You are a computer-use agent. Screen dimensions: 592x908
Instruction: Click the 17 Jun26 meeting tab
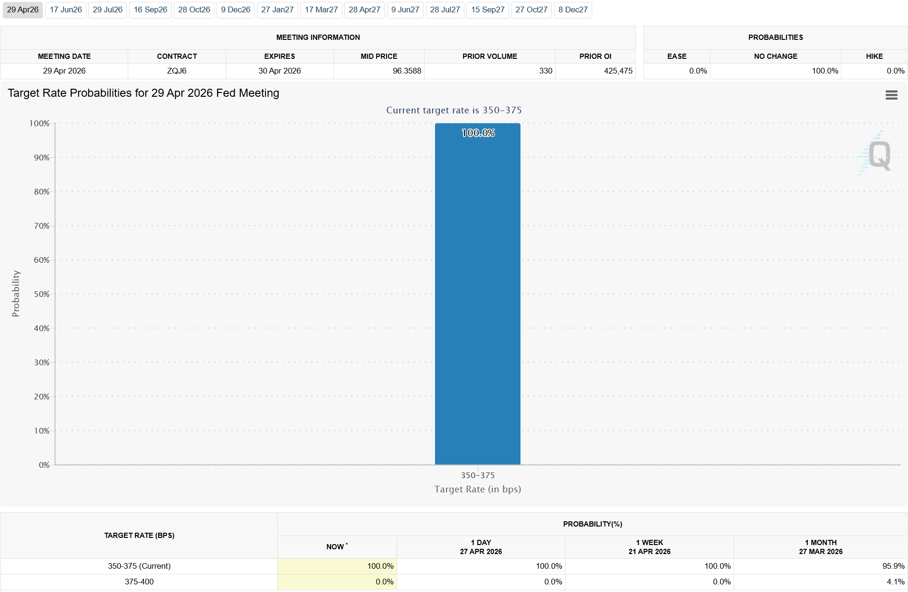[x=66, y=10]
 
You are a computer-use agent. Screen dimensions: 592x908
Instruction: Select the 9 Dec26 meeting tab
[x=236, y=10]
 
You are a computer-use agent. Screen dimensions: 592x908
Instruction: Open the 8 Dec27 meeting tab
[x=573, y=10]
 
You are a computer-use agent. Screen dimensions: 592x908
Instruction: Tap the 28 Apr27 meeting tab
[x=364, y=10]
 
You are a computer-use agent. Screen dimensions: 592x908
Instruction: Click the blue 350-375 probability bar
[x=477, y=294]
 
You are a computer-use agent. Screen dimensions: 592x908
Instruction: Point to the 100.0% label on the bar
[x=478, y=133]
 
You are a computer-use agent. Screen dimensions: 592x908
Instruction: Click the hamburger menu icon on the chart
[x=891, y=95]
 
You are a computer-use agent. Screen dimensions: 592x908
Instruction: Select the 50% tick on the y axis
[x=42, y=294]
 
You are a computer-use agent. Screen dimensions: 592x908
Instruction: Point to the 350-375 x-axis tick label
[x=477, y=475]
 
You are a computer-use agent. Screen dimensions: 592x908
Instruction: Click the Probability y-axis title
[x=16, y=294]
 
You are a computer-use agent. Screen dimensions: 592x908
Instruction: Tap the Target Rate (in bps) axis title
[x=477, y=490]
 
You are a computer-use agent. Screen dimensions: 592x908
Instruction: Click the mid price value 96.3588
[x=407, y=71]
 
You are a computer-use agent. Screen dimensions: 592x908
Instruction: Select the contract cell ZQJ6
[x=177, y=71]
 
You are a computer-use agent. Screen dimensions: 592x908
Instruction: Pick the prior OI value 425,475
[x=618, y=71]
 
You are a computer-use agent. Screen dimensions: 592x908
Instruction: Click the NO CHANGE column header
[x=776, y=56]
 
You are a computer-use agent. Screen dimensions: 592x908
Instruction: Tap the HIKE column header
[x=874, y=56]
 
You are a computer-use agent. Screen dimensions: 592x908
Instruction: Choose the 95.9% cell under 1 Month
[x=893, y=566]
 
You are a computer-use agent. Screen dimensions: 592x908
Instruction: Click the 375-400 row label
[x=139, y=582]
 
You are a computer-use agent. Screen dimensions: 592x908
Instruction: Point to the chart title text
[x=143, y=93]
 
